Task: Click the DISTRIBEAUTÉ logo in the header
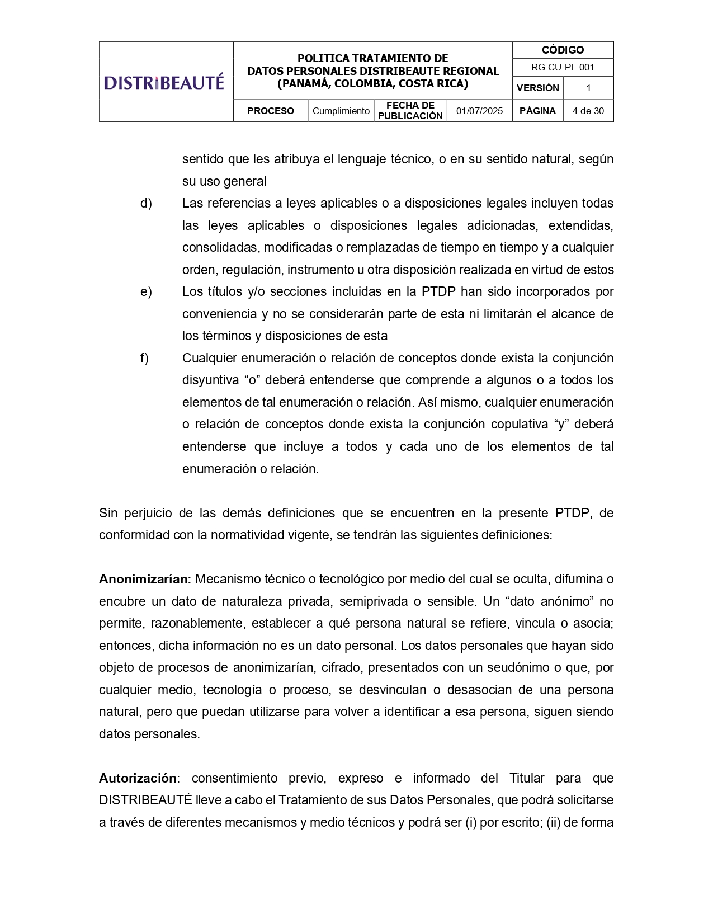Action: click(164, 82)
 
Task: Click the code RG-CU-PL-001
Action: click(563, 68)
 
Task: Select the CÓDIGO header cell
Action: click(563, 50)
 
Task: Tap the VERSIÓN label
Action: click(537, 88)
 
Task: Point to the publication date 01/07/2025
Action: click(479, 111)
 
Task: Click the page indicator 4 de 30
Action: click(588, 111)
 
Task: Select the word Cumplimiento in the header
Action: click(341, 111)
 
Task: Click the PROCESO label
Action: click(270, 111)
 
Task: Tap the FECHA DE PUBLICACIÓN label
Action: click(410, 111)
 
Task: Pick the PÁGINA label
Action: click(537, 111)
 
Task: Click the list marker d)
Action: click(146, 203)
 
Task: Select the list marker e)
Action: click(146, 291)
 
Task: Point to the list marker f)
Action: click(144, 358)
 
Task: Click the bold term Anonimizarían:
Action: click(145, 579)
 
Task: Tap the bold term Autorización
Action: click(138, 778)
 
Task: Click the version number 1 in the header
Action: click(588, 88)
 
